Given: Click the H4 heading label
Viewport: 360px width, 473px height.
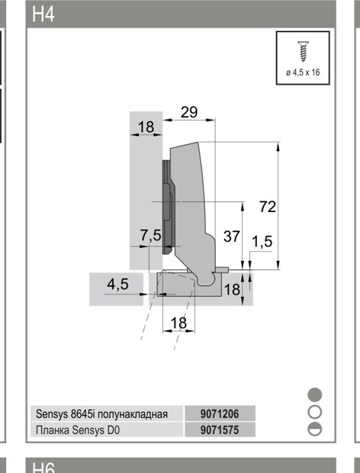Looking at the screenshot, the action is pos(43,14).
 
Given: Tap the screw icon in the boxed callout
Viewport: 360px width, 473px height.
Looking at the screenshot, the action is pos(302,52).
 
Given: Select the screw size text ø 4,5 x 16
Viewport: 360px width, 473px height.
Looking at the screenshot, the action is pos(303,72).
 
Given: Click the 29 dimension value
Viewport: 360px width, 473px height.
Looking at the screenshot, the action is pos(189,112).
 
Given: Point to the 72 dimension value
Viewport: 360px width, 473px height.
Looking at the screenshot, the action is pos(268,207).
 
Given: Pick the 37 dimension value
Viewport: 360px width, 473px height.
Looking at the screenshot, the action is pos(232,236).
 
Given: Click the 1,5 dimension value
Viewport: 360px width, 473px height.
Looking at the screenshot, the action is pos(262,242).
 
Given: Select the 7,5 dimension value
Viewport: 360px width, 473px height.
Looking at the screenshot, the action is pos(151,235).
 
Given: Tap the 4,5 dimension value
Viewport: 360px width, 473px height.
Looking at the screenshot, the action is pos(117,284).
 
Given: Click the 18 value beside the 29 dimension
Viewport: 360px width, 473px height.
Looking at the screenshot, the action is pos(146,127).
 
